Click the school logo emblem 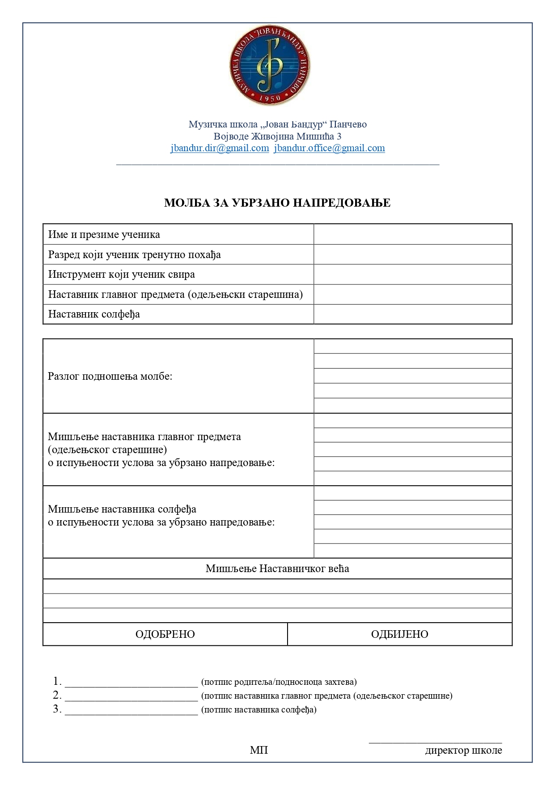[x=270, y=65]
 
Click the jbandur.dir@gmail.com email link [x=220, y=148]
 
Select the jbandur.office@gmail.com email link [x=329, y=148]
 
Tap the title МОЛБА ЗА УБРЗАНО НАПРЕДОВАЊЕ [x=277, y=203]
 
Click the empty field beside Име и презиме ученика [x=412, y=234]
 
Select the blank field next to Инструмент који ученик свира [x=412, y=274]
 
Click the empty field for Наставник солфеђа [x=412, y=314]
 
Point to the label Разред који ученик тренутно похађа [x=135, y=255]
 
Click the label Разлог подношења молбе [x=110, y=376]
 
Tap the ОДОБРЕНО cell [x=165, y=634]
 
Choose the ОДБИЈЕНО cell [x=399, y=634]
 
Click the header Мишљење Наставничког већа [x=277, y=569]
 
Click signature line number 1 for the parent [x=131, y=683]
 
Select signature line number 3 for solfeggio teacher [x=131, y=711]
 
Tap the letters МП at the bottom [x=259, y=750]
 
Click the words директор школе [x=463, y=750]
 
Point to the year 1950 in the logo [x=270, y=98]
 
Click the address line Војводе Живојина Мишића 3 [x=277, y=136]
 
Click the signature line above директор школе [x=435, y=742]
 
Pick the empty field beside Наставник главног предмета [x=412, y=294]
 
